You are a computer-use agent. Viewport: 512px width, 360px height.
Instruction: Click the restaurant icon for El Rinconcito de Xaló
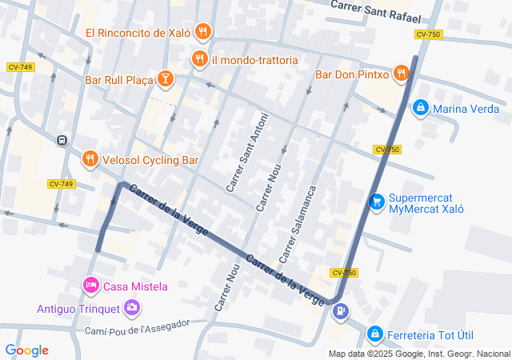click(203, 32)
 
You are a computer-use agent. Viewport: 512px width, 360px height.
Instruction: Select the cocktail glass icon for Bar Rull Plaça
click(165, 78)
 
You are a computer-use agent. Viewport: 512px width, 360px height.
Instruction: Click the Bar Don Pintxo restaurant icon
click(401, 74)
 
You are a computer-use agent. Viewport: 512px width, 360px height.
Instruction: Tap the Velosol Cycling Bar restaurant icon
click(90, 160)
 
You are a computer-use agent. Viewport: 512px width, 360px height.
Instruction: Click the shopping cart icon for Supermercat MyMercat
click(376, 203)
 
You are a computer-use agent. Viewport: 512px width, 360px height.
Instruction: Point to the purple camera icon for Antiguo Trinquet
click(132, 307)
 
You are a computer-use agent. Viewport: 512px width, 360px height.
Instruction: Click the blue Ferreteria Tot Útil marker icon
click(374, 333)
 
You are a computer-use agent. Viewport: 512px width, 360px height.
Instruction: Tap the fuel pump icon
click(342, 311)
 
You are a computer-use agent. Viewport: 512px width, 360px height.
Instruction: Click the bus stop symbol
click(61, 141)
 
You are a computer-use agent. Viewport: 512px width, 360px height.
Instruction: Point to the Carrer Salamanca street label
click(298, 225)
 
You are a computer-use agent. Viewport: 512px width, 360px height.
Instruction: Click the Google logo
click(26, 350)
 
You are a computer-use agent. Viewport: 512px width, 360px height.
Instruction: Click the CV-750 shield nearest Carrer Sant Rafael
click(428, 34)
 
